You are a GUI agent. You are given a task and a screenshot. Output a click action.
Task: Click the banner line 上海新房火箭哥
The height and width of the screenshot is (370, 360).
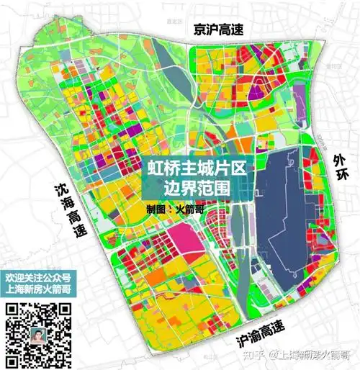pyautogui.click(x=38, y=291)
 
